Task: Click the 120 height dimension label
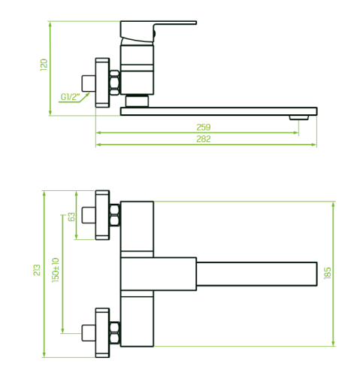click(44, 65)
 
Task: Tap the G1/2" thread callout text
click(70, 97)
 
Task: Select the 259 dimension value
click(204, 127)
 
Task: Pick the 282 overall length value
click(204, 139)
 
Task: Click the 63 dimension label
click(71, 217)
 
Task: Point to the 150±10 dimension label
click(56, 270)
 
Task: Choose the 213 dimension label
click(37, 270)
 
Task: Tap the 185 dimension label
click(327, 273)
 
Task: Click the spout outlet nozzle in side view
click(299, 117)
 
